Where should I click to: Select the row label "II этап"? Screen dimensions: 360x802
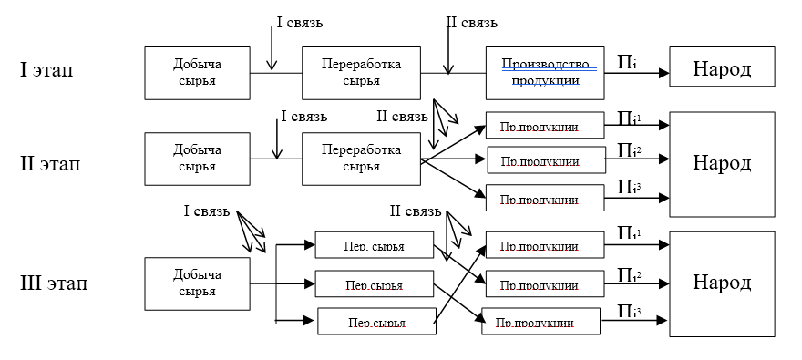50,164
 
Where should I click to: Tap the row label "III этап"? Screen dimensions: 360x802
54,282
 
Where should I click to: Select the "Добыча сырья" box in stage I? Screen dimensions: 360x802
198,73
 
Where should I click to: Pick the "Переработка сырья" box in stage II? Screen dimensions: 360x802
361,159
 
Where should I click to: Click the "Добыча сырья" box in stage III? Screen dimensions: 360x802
198,284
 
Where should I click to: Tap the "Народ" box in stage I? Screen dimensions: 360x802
722,67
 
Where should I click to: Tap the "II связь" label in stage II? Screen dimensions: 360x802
402,117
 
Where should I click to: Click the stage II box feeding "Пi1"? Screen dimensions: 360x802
545,125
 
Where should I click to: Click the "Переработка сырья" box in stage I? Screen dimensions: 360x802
361,73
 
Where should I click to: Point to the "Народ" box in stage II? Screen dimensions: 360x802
722,164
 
